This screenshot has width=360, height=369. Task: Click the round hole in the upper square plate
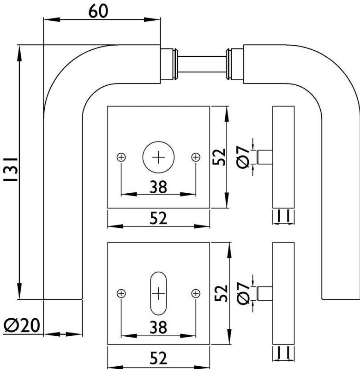coord(158,157)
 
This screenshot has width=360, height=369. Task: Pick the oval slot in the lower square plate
coord(158,293)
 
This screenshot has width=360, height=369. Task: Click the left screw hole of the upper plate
coord(121,157)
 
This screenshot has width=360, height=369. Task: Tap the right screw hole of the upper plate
coord(196,157)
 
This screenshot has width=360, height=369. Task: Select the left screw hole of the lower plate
coord(121,293)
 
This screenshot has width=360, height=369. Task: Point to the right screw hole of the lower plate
coord(196,293)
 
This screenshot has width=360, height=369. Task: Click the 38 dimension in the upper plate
coord(158,186)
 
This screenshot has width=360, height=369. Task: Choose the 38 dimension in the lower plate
coord(158,327)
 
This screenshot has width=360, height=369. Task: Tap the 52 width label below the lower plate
coord(158,358)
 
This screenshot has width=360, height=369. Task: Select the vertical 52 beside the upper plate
coord(220,157)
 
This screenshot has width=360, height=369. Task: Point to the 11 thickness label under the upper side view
coord(283,215)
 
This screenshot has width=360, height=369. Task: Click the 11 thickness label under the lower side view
coord(283,353)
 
